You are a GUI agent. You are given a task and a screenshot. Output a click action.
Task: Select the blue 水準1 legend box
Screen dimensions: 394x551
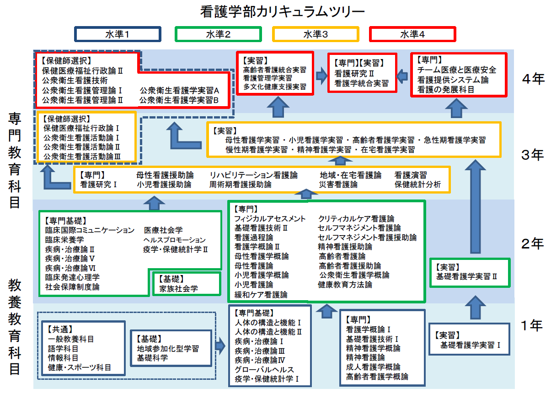(118, 34)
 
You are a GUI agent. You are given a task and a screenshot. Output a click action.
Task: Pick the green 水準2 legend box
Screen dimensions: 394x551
(218, 34)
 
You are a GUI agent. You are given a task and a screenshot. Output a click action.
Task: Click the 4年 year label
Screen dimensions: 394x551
(533, 79)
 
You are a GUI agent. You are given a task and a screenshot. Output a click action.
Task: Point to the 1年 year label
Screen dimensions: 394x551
(532, 325)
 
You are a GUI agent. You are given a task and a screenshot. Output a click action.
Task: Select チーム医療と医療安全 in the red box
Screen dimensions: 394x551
(456, 70)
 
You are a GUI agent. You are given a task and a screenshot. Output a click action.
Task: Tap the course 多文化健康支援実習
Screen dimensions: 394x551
(274, 86)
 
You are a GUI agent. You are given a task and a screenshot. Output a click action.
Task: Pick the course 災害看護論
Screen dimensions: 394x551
(338, 185)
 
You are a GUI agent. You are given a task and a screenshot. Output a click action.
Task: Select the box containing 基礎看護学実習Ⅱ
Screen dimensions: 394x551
(469, 273)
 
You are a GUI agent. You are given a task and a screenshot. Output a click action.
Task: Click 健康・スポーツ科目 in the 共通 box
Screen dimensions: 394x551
(80, 367)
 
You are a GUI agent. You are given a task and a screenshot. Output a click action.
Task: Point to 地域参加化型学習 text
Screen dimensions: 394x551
(168, 349)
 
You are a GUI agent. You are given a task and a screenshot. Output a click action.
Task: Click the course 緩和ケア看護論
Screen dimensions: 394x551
(261, 295)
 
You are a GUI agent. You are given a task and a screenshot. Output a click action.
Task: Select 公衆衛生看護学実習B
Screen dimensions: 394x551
(179, 99)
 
